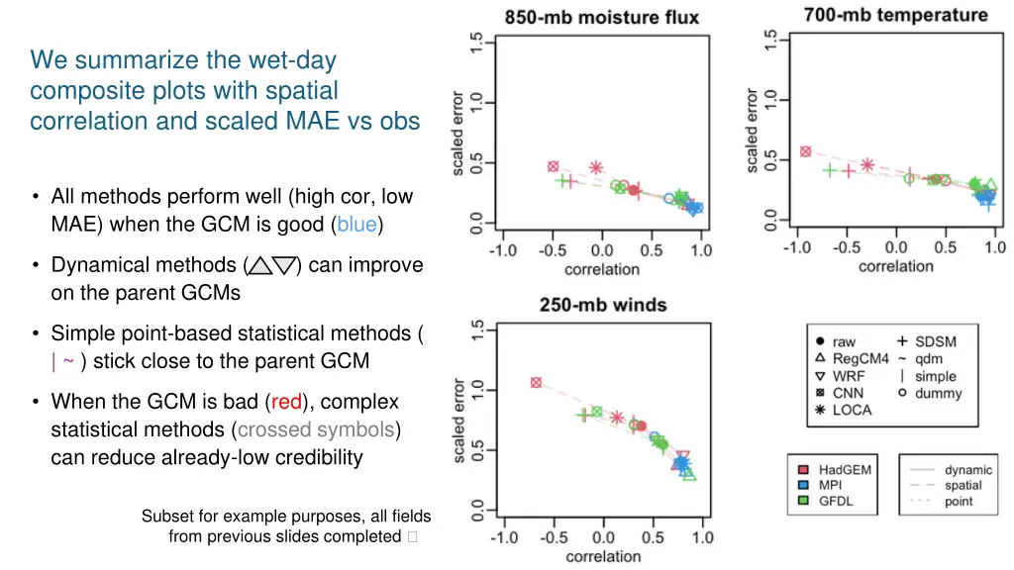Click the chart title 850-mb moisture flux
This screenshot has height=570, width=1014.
(601, 17)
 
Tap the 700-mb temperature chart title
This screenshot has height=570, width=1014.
(895, 15)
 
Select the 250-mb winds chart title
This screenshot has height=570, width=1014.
(602, 305)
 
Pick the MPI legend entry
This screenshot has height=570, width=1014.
(828, 486)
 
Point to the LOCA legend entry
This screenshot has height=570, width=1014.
(852, 410)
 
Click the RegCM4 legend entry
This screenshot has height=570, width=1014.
(860, 359)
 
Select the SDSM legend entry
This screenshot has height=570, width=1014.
(935, 342)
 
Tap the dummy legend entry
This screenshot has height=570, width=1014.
(936, 393)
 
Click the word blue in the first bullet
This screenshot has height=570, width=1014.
(356, 225)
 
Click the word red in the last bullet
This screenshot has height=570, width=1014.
(286, 402)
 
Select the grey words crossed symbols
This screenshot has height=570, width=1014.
(315, 429)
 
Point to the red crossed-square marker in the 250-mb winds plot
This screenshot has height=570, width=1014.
(536, 382)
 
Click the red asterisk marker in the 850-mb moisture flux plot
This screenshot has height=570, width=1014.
(596, 168)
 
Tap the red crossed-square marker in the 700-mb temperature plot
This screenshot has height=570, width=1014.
(805, 151)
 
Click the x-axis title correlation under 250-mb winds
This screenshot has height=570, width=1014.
(602, 556)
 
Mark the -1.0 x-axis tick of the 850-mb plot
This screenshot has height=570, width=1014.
(503, 250)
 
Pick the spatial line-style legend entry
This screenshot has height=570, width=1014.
(963, 486)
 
